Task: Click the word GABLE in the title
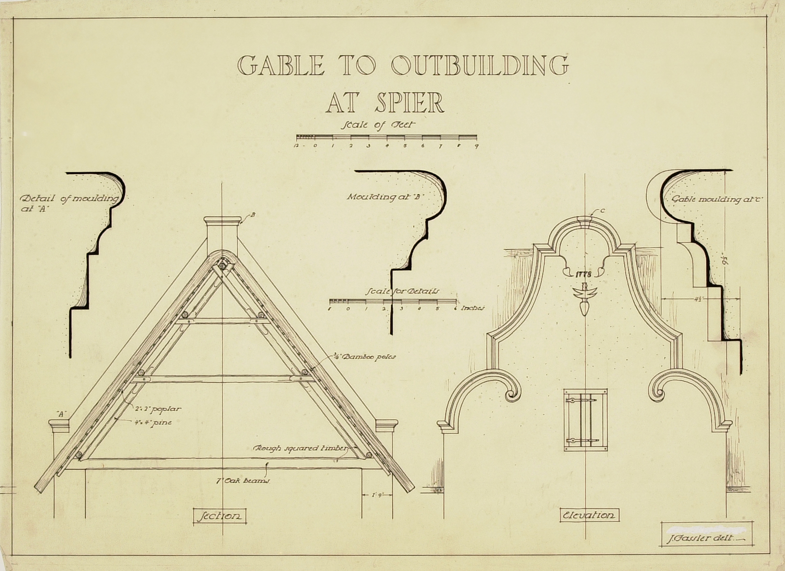point(281,66)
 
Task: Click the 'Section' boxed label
point(219,516)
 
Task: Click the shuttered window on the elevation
point(585,419)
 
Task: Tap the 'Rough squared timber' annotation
point(300,448)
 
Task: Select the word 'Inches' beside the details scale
point(472,308)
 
